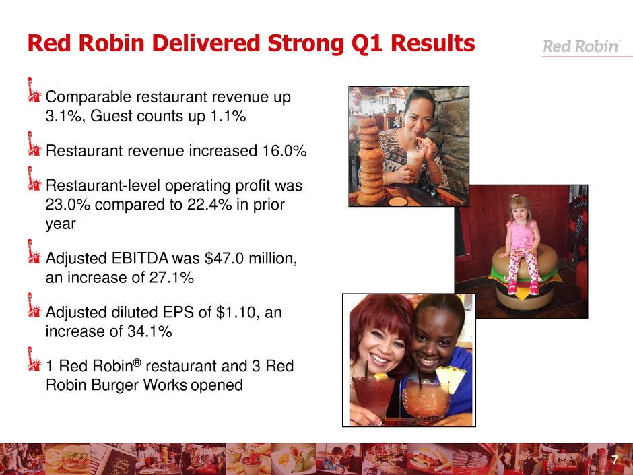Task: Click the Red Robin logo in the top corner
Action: click(580, 46)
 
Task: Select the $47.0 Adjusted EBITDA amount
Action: click(224, 259)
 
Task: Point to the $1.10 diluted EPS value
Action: click(238, 312)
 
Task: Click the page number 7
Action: click(615, 460)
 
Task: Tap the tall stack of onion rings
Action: click(370, 161)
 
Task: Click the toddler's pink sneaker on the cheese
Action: click(534, 288)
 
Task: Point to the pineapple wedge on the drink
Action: click(451, 379)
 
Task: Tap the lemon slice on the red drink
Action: click(380, 376)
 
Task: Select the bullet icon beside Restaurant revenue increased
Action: click(34, 144)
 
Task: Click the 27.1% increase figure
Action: click(171, 278)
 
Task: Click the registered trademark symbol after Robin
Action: click(137, 362)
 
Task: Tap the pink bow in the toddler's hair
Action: click(514, 197)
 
